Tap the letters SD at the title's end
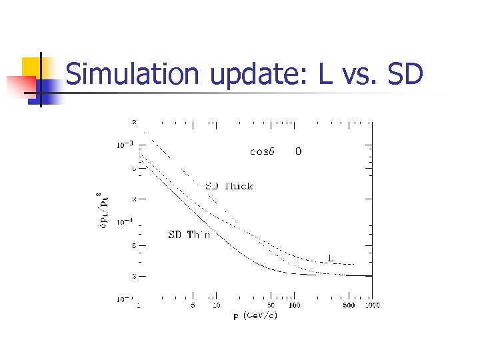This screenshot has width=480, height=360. click(x=405, y=74)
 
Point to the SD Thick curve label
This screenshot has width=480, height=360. click(x=228, y=186)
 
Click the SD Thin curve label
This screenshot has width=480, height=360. click(x=189, y=235)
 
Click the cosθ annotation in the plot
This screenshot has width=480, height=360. click(x=263, y=151)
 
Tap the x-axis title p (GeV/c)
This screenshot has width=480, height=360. click(x=255, y=315)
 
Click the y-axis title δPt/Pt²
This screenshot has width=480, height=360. click(x=102, y=208)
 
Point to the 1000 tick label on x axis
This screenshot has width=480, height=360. click(x=371, y=305)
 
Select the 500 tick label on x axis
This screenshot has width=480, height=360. click(x=348, y=305)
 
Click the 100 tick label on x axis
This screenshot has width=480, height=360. click(x=293, y=305)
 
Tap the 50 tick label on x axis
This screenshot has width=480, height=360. click(x=271, y=305)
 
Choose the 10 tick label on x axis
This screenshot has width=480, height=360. click(x=216, y=305)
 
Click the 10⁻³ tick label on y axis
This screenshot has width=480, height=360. click(x=125, y=144)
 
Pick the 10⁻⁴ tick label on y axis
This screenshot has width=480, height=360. click(x=125, y=222)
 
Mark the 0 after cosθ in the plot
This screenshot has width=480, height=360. click(x=298, y=151)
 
